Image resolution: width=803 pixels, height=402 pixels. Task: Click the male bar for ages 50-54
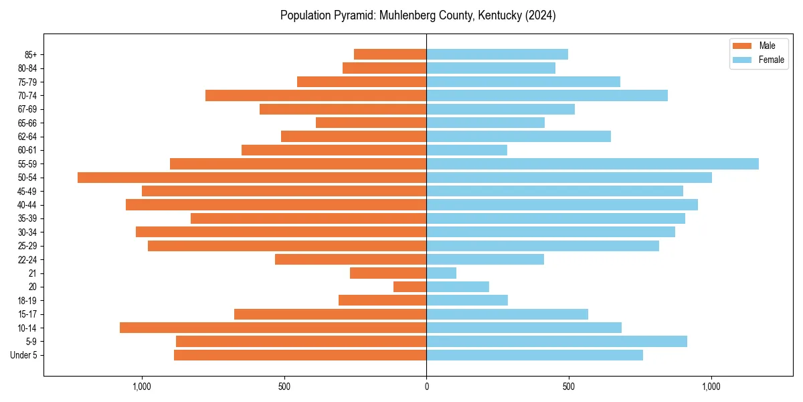click(252, 178)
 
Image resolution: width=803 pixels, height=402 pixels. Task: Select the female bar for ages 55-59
click(592, 163)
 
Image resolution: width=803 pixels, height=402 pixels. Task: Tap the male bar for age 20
click(410, 287)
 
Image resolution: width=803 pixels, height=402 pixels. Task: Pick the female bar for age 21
click(442, 273)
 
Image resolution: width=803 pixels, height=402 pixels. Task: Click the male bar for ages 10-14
click(273, 328)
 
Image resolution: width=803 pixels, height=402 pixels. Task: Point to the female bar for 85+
click(497, 54)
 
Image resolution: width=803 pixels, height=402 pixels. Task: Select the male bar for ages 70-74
click(316, 95)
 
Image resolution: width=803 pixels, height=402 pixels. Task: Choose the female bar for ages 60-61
click(466, 150)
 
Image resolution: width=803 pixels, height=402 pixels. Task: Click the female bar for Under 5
click(535, 355)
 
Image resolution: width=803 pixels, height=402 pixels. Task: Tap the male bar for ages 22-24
click(351, 259)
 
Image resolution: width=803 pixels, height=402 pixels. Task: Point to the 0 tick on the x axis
click(426, 387)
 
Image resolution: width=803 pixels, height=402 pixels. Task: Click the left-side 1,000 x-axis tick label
click(142, 387)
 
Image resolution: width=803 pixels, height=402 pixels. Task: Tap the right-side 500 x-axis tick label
click(569, 387)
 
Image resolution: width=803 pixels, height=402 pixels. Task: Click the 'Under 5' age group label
click(23, 355)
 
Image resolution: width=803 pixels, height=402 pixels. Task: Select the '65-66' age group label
click(27, 123)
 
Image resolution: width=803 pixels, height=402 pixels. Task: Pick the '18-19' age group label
click(27, 301)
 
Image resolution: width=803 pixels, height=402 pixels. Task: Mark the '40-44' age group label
click(27, 205)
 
